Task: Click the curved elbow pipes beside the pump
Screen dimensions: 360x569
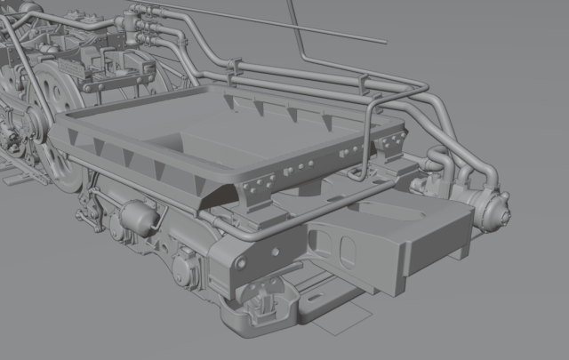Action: [439, 169]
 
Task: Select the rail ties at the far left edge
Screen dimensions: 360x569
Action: [18, 169]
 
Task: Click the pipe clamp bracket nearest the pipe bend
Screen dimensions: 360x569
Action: [364, 85]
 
